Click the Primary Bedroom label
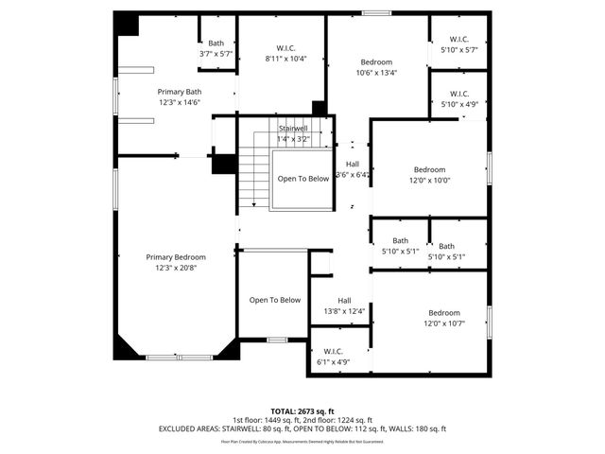pos(176,256)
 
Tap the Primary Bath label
pos(179,92)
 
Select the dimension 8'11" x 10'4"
pos(285,58)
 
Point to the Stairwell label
pos(292,128)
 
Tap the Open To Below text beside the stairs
pos(303,178)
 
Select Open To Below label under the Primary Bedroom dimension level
pos(274,300)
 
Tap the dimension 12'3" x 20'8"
pos(176,268)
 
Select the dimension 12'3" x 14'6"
pos(179,102)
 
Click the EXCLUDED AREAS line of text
pos(302,428)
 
